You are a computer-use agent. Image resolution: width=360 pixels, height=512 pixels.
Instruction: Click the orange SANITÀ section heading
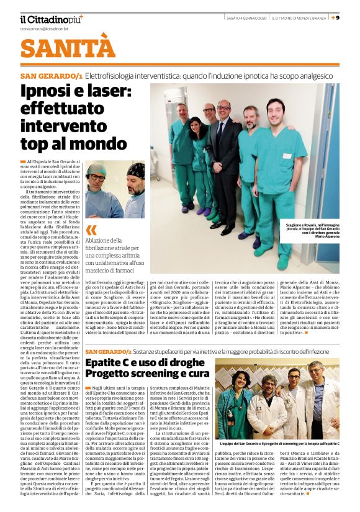[x=60, y=48]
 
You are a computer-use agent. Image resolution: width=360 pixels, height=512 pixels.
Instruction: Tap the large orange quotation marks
[x=92, y=230]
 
